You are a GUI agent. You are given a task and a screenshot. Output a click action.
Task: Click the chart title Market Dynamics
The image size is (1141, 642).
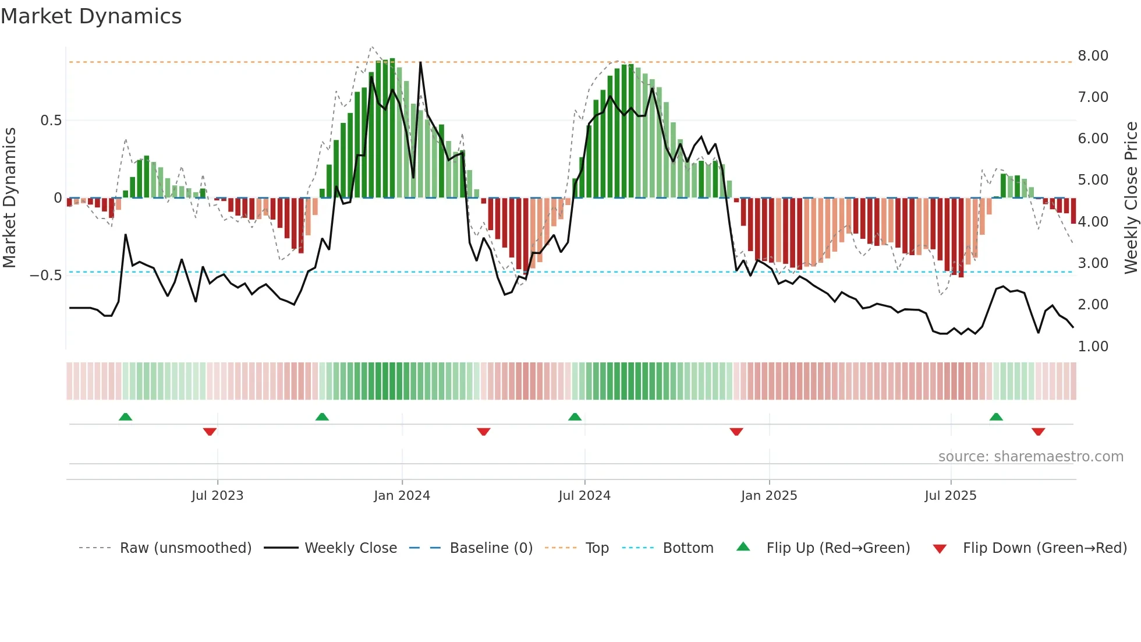click(x=91, y=16)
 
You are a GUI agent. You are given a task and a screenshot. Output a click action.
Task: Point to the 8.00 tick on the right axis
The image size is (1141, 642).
click(x=1093, y=56)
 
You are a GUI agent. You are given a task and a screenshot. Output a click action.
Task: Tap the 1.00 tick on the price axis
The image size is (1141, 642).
click(x=1093, y=347)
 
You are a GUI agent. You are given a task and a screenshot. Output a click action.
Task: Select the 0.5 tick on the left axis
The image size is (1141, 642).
click(x=51, y=121)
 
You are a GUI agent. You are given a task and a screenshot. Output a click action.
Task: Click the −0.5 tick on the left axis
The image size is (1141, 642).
click(x=46, y=276)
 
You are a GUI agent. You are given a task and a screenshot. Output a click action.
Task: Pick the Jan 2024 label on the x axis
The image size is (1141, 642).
click(x=402, y=496)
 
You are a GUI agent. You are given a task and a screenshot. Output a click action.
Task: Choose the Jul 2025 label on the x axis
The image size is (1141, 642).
click(x=950, y=496)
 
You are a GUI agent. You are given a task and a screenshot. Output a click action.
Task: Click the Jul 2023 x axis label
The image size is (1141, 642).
click(x=217, y=496)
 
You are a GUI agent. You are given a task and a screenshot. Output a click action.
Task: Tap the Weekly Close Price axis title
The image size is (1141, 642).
click(x=1131, y=197)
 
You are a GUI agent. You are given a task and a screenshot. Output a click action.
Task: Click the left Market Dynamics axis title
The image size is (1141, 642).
click(x=9, y=197)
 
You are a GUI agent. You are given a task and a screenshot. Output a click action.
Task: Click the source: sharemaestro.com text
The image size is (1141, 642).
click(x=1030, y=457)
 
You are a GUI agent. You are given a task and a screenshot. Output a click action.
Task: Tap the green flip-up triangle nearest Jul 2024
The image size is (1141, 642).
click(x=575, y=417)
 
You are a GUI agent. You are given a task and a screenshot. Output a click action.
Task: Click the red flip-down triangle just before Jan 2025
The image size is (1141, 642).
click(x=736, y=432)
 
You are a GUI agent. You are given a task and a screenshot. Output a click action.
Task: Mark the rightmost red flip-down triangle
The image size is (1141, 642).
click(x=1038, y=432)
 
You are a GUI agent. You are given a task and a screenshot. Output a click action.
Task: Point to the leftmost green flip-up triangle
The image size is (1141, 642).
click(x=125, y=417)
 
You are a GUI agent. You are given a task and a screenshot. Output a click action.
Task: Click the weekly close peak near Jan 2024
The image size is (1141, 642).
click(x=420, y=62)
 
